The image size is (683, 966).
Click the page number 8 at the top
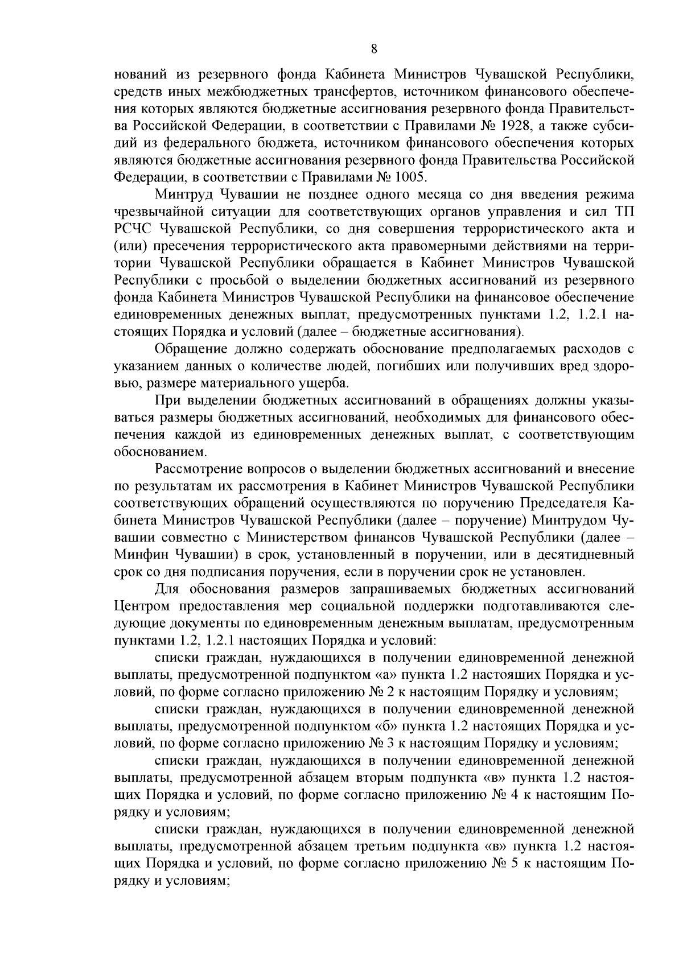pyautogui.click(x=374, y=49)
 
